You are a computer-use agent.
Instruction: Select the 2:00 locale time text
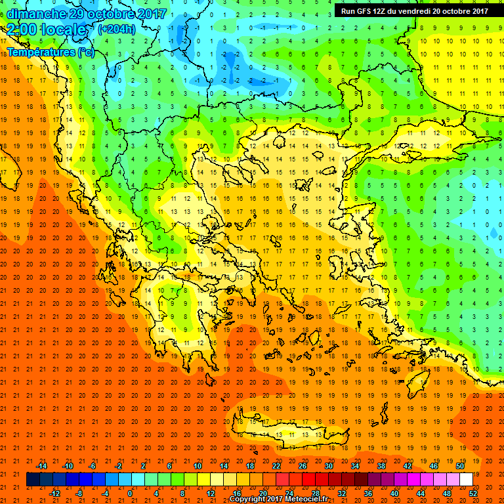[46, 30]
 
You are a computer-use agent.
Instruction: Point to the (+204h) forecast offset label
[116, 30]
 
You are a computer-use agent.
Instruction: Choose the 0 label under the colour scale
[130, 493]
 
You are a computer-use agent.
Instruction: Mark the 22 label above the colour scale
[276, 466]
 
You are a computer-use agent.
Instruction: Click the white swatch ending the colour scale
[466, 480]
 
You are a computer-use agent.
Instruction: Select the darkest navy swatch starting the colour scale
[33, 480]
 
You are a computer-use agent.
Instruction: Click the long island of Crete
[289, 433]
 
